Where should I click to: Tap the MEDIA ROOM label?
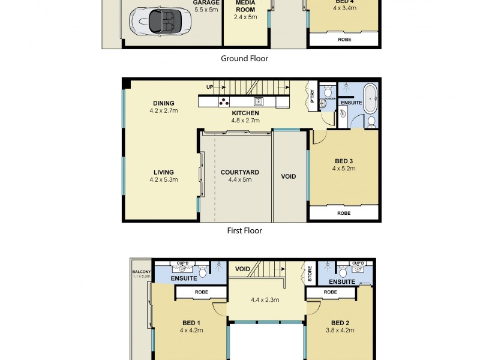pyautogui.click(x=245, y=6)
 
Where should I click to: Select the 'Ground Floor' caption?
pyautogui.click(x=244, y=58)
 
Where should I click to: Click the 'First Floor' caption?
pyautogui.click(x=244, y=230)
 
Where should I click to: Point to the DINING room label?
pyautogui.click(x=163, y=103)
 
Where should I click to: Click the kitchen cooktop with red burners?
pyautogui.click(x=223, y=101)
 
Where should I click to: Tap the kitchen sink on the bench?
pyautogui.click(x=258, y=101)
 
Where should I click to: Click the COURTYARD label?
pyautogui.click(x=239, y=172)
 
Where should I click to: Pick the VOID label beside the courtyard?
pyautogui.click(x=289, y=176)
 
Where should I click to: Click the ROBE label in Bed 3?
pyautogui.click(x=344, y=213)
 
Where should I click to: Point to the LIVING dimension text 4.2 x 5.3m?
pyautogui.click(x=163, y=180)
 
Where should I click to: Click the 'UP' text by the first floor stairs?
pyautogui.click(x=209, y=87)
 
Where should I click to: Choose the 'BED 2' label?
pyautogui.click(x=340, y=322)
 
